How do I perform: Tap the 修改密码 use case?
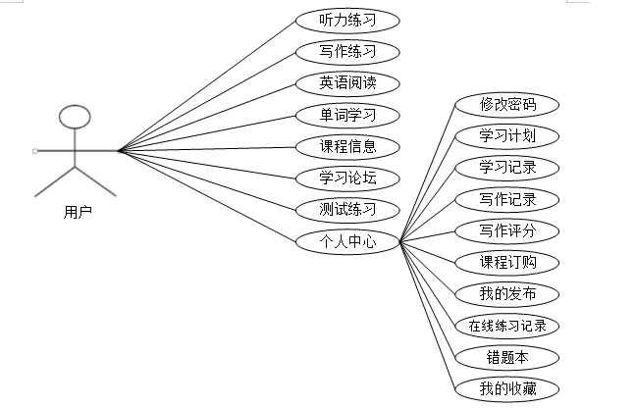coord(506,105)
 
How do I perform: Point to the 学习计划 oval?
coord(506,135)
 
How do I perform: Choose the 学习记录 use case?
coord(506,167)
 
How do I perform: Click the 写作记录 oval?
coord(506,199)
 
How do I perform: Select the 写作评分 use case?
coord(506,230)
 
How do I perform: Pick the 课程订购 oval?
coord(506,262)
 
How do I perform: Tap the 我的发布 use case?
coord(506,294)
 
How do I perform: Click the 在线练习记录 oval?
coord(506,326)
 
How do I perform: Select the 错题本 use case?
coord(506,357)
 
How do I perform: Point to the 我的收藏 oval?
coord(506,388)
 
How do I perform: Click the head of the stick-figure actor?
coord(75,118)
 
